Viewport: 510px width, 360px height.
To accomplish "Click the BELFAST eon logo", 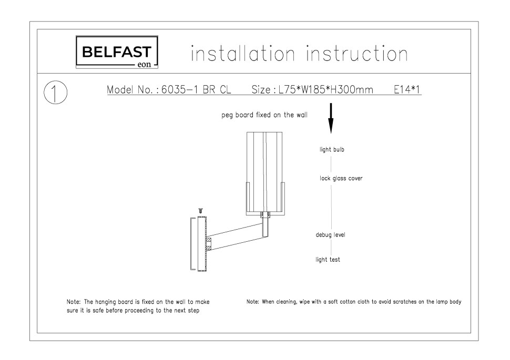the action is (117, 52).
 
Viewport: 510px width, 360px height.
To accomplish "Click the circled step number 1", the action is (56, 92).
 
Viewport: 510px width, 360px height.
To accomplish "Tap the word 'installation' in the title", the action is (243, 54).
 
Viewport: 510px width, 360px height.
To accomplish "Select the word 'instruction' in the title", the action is (357, 54).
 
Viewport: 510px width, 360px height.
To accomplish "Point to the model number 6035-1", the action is (179, 89).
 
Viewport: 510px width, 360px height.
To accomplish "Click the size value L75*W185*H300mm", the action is (326, 89).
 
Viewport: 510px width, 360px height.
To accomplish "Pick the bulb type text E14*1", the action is (407, 89).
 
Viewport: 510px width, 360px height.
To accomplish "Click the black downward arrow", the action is (331, 118).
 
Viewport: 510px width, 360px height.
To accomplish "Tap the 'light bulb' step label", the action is (332, 150).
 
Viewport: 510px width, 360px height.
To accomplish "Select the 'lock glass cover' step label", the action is (341, 178).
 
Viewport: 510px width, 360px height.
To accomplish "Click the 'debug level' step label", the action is (331, 235).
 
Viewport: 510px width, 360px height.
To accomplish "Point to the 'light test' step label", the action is (328, 260).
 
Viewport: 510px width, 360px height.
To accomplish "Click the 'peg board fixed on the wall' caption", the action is (264, 115).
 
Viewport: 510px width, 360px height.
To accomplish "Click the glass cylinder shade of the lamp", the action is (264, 172).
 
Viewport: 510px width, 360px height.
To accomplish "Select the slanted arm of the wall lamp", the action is (235, 236).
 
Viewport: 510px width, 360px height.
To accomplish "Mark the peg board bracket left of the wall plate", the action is (192, 244).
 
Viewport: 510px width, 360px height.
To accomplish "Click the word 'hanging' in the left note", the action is (106, 302).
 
